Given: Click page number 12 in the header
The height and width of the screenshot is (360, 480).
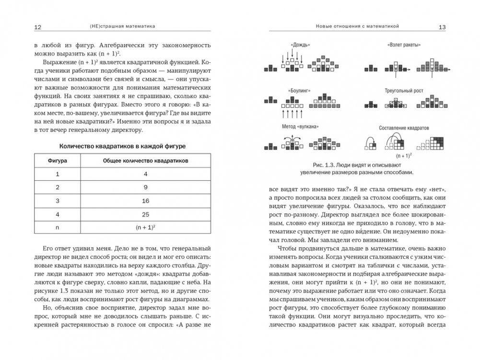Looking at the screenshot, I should click(37, 27).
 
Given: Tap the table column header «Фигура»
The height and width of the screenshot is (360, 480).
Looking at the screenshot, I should click(57, 162).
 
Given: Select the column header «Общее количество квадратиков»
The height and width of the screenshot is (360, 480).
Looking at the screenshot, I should click(145, 162).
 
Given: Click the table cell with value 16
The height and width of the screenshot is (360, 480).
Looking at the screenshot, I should click(145, 200).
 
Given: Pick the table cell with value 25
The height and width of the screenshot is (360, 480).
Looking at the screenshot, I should click(145, 214).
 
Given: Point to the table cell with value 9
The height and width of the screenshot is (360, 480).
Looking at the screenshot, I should click(145, 187).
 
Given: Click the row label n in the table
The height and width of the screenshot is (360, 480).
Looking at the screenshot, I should click(57, 229).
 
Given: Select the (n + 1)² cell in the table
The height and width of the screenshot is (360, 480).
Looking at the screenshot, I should click(145, 228).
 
